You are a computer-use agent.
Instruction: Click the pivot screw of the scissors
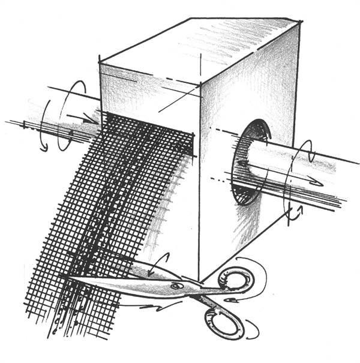tap(176, 286)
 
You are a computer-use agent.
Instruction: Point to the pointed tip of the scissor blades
tap(66, 277)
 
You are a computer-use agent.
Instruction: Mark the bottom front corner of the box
tap(200, 281)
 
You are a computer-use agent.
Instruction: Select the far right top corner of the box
tap(300, 23)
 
